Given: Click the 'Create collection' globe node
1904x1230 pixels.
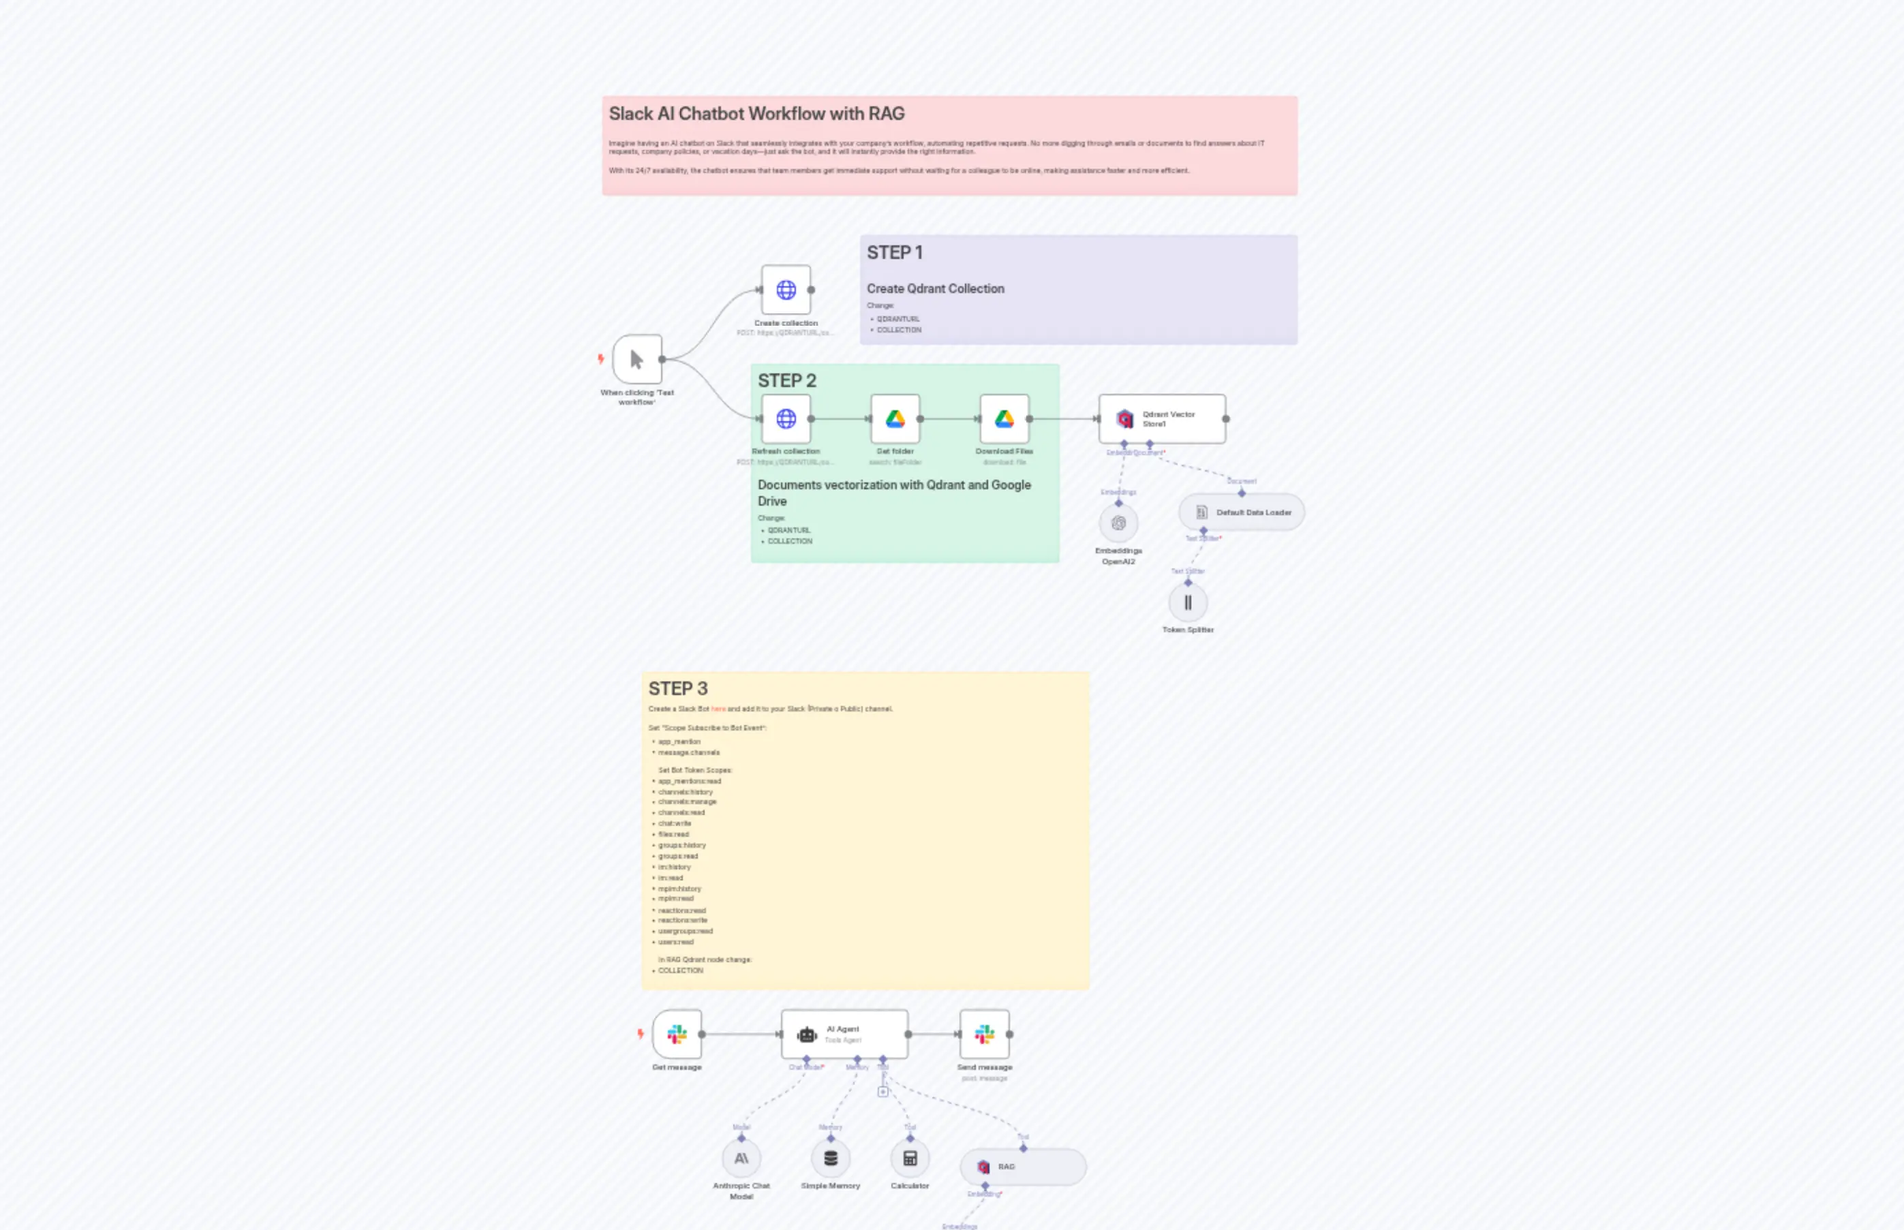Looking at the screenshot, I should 786,290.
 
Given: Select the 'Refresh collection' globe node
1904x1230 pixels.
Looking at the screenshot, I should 786,418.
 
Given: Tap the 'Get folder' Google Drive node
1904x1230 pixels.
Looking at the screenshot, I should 895,418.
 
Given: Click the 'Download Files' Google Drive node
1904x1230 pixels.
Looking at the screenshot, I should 1004,418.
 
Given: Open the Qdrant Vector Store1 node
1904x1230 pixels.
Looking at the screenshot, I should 1161,418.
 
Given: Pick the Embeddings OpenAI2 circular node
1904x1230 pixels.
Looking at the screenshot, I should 1118,524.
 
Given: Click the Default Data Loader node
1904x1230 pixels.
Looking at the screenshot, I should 1242,512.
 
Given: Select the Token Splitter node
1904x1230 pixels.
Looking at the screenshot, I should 1188,603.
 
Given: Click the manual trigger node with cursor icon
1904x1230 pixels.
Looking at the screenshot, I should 636,359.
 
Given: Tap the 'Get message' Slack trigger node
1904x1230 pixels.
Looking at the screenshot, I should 677,1034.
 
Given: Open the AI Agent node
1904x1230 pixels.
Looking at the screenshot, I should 844,1034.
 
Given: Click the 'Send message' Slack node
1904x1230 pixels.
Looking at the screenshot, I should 984,1034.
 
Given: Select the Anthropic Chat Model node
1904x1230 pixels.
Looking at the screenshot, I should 741,1159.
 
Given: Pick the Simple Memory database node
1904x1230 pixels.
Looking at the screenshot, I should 831,1159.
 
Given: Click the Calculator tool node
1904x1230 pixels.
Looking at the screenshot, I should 910,1159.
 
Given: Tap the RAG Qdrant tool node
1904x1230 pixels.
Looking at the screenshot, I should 1022,1167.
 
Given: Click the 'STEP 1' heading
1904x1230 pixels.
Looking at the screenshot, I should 895,253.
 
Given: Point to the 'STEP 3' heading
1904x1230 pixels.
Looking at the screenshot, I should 677,688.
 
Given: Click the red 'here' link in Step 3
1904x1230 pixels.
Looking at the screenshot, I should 718,709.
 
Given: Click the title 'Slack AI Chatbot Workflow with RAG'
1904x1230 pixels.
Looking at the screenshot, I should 756,114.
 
